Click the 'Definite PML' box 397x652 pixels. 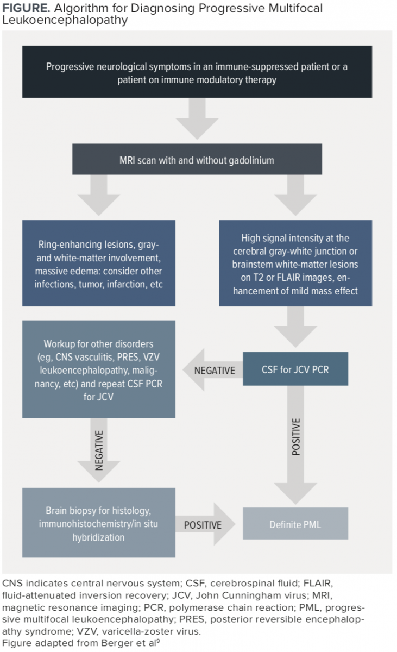click(x=295, y=523)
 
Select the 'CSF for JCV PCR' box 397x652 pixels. click(x=295, y=369)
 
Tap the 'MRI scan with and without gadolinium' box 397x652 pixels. click(x=197, y=159)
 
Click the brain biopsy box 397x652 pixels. click(x=99, y=523)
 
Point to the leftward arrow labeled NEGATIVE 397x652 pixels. click(x=212, y=370)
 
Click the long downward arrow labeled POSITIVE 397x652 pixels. click(x=295, y=445)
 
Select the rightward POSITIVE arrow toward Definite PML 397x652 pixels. click(x=205, y=524)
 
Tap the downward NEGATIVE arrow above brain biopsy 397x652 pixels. click(x=99, y=450)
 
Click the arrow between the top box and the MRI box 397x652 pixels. click(x=197, y=119)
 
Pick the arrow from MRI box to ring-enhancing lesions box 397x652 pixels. click(x=99, y=195)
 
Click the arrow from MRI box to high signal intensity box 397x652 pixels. click(x=295, y=195)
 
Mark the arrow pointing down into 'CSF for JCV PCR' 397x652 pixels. click(x=295, y=327)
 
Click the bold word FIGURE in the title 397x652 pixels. click(x=26, y=8)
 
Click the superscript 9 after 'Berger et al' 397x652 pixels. click(x=158, y=641)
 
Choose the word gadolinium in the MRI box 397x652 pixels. click(x=251, y=160)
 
